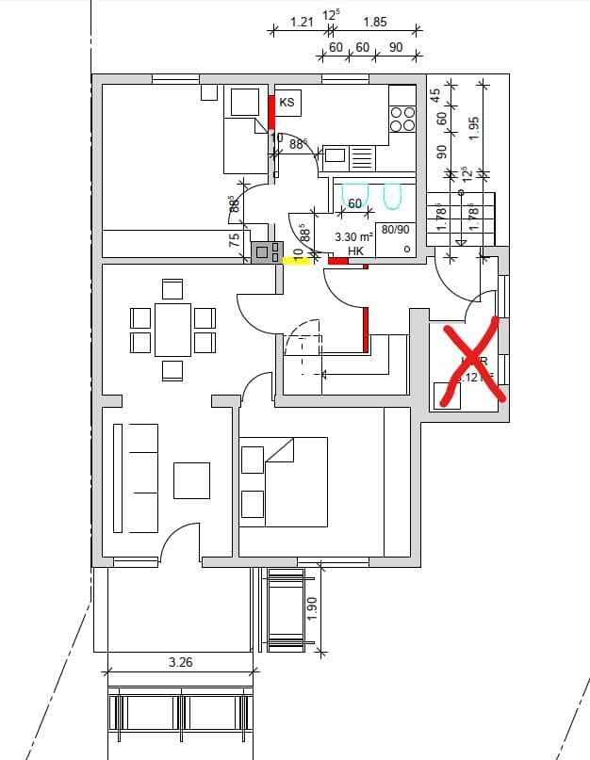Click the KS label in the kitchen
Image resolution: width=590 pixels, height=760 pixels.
click(x=287, y=102)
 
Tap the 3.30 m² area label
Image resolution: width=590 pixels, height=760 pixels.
click(x=354, y=237)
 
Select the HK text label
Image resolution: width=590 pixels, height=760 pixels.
click(x=355, y=251)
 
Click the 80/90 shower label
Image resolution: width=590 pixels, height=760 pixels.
click(x=395, y=229)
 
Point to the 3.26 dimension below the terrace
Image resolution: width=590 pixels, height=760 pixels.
click(x=180, y=662)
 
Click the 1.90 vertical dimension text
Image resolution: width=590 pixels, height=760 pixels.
click(x=312, y=608)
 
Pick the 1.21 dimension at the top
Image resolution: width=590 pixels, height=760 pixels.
click(x=302, y=22)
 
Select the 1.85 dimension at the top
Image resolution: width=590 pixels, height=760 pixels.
click(x=374, y=22)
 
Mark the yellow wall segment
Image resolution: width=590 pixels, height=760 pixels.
click(x=296, y=262)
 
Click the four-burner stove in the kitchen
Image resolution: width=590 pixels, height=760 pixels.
click(x=402, y=118)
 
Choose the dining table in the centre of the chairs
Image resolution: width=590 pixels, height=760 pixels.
click(x=172, y=329)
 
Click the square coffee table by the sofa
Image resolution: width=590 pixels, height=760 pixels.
click(x=191, y=479)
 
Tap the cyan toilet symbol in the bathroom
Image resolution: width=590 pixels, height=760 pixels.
click(x=393, y=195)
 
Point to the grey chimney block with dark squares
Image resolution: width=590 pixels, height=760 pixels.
click(x=267, y=251)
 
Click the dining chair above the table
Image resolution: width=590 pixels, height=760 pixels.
click(x=172, y=287)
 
